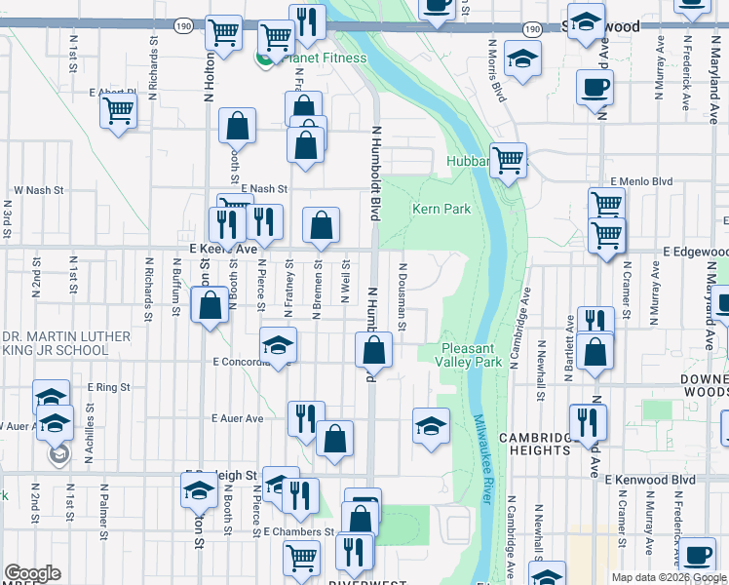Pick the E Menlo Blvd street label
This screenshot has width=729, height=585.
tap(641, 181)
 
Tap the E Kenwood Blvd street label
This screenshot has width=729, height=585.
tap(648, 480)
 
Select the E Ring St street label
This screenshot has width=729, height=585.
tap(108, 387)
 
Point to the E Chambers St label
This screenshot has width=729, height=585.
tap(299, 532)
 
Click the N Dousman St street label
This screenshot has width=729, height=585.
tap(402, 289)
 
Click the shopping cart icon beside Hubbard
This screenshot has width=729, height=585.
tap(508, 159)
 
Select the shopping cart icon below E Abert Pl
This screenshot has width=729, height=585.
tap(119, 110)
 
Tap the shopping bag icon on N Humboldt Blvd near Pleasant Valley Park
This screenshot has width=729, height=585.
tap(373, 350)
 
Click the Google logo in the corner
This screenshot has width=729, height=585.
tap(31, 573)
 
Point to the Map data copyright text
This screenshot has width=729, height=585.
tap(669, 577)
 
